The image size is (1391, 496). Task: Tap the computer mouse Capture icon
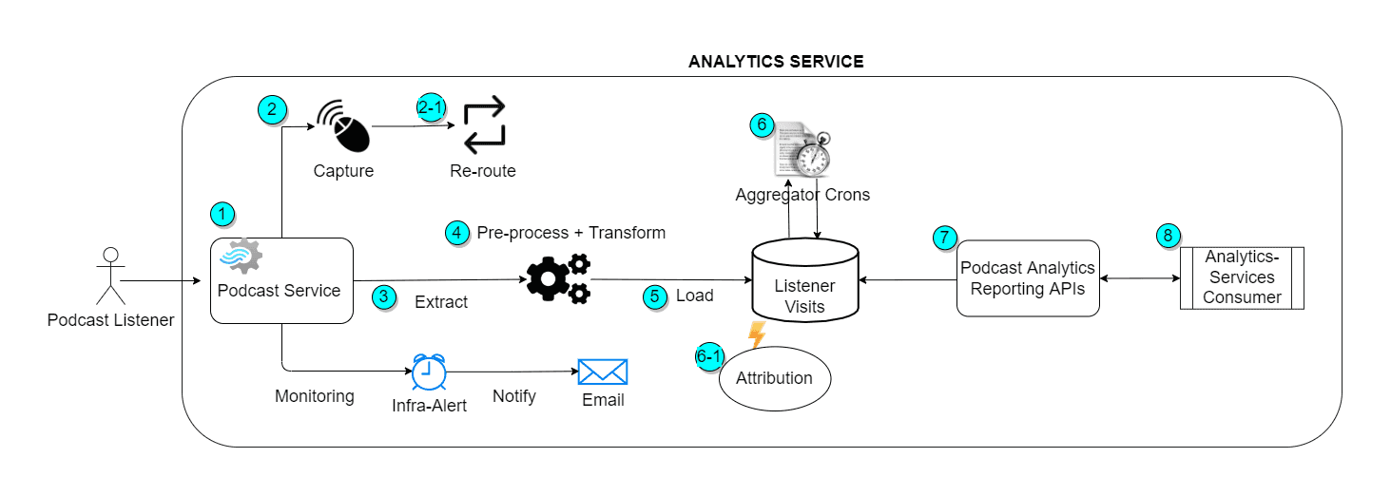coord(343,126)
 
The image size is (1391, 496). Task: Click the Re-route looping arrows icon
coord(484,125)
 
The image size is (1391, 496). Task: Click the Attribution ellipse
coord(775,378)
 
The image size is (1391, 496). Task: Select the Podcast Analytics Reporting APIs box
coord(1027,278)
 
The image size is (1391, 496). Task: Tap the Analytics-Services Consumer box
coord(1241,277)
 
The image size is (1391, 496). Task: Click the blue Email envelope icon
coord(603,372)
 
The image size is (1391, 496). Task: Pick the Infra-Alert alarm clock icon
coord(428,372)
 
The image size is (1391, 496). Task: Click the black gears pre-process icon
coord(558,278)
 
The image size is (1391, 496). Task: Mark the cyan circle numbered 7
coord(943,238)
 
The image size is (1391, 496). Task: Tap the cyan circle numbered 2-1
coord(431,108)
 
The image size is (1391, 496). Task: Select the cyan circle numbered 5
coord(654,296)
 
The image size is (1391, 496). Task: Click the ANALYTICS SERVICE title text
coord(776,62)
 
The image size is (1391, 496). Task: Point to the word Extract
coord(441,302)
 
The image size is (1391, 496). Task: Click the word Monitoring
coord(315,396)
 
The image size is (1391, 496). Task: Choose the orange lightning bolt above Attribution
coord(757,334)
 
